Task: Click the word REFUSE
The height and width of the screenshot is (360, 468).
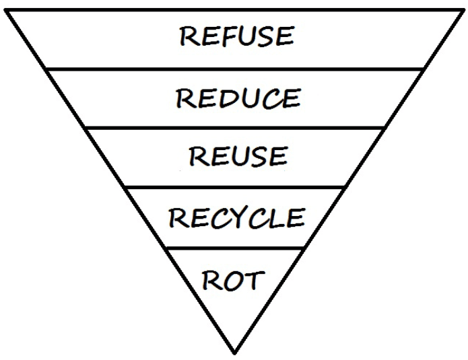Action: click(x=236, y=36)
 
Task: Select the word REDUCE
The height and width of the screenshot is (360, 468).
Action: click(x=238, y=99)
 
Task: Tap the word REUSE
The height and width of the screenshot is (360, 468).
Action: click(x=238, y=156)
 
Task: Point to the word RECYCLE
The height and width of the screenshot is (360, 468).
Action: click(x=236, y=218)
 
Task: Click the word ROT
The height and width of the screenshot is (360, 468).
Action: click(x=233, y=279)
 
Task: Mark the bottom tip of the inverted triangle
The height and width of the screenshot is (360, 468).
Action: click(x=234, y=353)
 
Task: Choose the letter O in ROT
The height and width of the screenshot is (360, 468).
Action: click(x=234, y=279)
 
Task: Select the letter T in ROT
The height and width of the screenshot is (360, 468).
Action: click(x=253, y=279)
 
